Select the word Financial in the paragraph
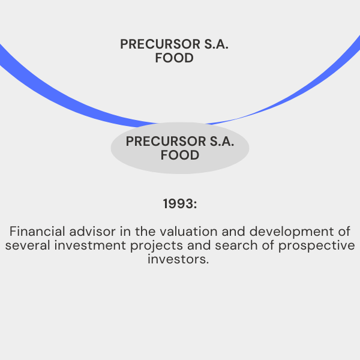tap(37, 231)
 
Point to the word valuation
tap(188, 231)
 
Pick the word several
tap(28, 245)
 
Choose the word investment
tap(90, 245)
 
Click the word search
tap(236, 245)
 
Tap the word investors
tap(178, 259)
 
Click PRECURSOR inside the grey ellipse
tap(166, 141)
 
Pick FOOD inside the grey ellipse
tap(180, 155)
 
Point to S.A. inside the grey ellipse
tap(222, 141)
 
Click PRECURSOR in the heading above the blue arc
tap(160, 44)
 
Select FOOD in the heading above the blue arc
tap(174, 58)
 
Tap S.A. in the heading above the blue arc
tap(217, 44)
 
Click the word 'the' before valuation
tap(145, 231)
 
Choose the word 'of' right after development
tap(344, 231)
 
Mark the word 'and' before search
tap(199, 245)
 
